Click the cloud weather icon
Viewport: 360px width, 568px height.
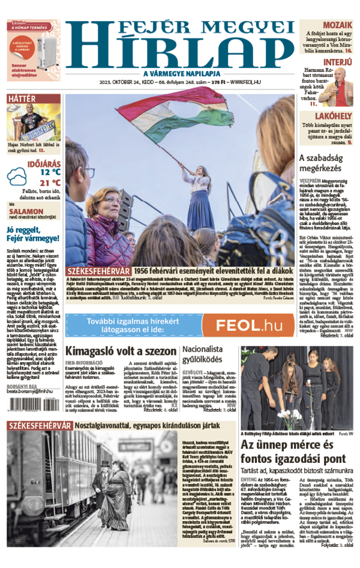point(17,177)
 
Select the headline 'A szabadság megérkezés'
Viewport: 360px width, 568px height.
point(325,163)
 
